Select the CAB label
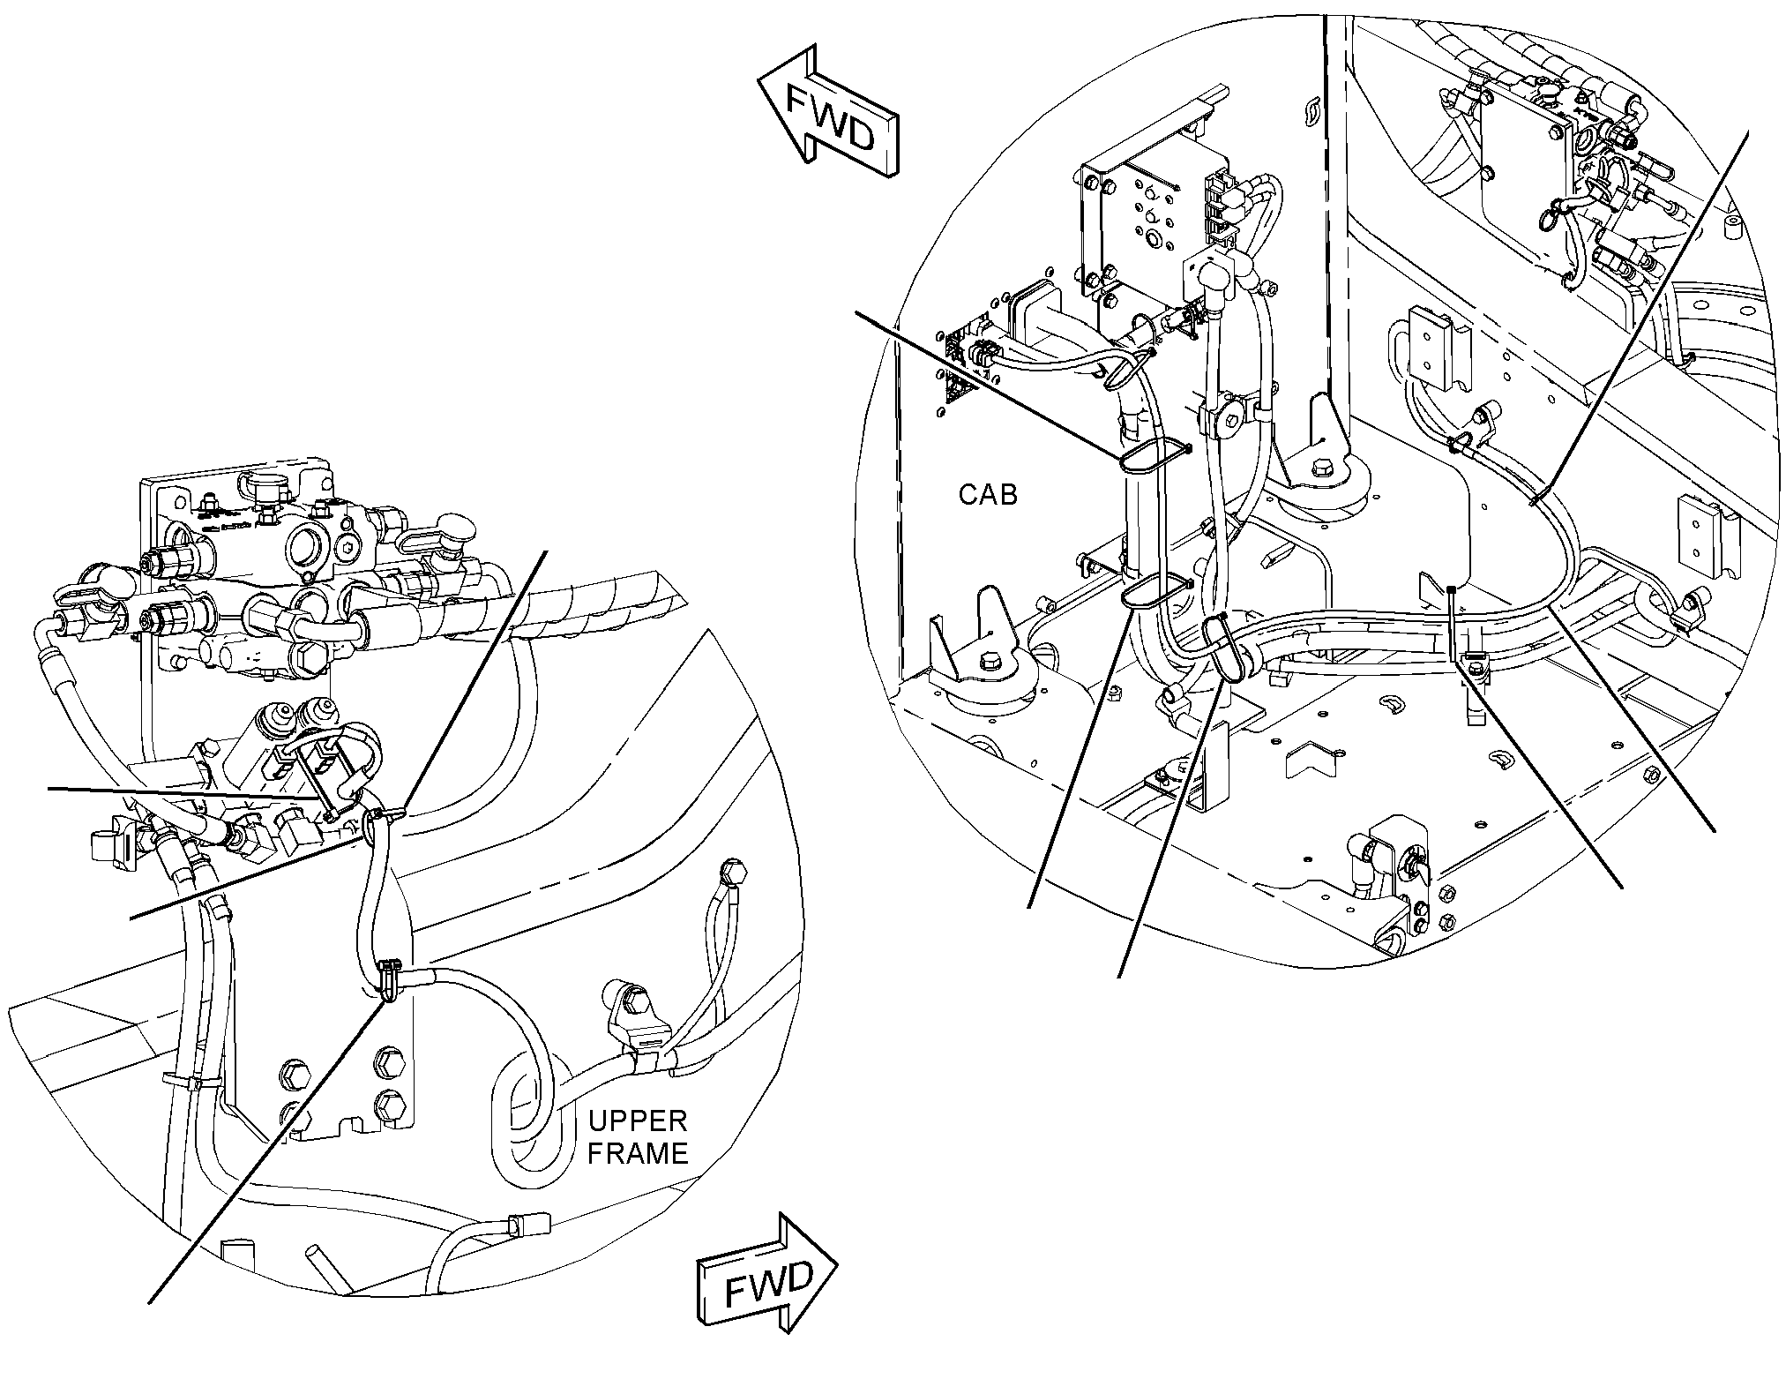[988, 495]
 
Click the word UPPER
[637, 1121]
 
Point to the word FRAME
[638, 1154]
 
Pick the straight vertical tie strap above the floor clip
[1453, 623]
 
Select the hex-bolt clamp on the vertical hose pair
[1226, 420]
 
